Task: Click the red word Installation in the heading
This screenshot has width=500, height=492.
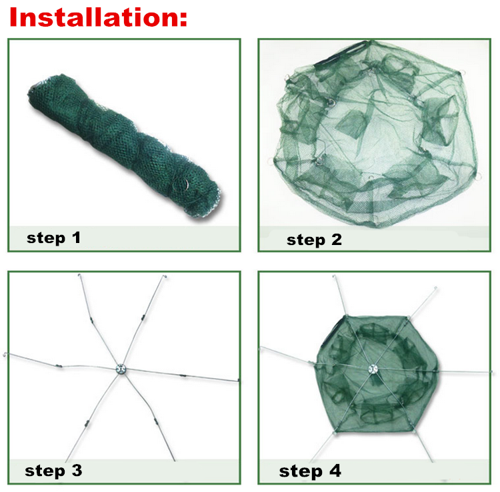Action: (94, 17)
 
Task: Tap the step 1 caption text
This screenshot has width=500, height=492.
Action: (53, 238)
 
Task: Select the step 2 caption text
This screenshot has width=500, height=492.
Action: (314, 240)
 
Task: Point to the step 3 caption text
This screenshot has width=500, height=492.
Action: (53, 471)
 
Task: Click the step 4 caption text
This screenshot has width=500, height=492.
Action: (310, 471)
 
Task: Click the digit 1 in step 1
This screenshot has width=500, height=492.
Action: (77, 238)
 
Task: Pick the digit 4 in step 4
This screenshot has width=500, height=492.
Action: (335, 470)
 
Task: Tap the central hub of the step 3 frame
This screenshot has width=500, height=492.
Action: (121, 369)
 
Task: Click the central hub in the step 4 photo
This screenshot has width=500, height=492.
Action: (373, 369)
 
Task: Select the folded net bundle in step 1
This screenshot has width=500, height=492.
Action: (125, 145)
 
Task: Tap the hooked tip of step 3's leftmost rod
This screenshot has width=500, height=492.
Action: (5, 354)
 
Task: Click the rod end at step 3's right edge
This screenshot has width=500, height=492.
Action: (238, 380)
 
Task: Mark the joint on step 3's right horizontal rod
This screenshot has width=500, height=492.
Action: (183, 375)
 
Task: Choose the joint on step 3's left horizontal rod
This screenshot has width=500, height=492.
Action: (59, 366)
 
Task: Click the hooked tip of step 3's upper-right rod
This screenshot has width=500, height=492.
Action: (165, 276)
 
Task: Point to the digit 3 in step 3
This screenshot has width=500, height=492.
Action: (77, 470)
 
